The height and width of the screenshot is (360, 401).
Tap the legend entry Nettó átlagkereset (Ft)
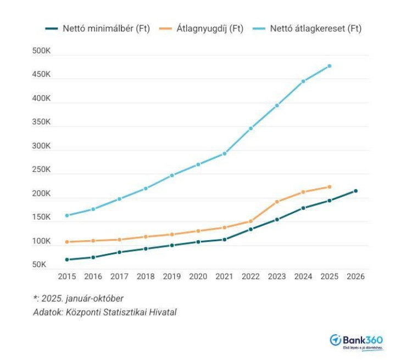tap(308, 29)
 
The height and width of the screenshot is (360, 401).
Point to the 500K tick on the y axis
tap(41, 52)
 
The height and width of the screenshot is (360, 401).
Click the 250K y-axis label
tap(41, 170)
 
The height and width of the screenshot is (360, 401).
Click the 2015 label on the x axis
tap(67, 276)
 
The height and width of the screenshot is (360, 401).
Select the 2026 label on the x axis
tap(355, 276)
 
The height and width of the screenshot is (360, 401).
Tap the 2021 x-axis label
tap(224, 276)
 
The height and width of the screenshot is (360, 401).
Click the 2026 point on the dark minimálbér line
tap(355, 191)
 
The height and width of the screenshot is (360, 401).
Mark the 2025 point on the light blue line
tap(329, 66)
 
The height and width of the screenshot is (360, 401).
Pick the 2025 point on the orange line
tap(329, 187)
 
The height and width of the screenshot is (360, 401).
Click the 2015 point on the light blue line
tap(67, 215)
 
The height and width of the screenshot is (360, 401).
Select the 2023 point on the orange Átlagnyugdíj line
tap(277, 202)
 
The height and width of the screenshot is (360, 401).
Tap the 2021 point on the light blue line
tap(224, 153)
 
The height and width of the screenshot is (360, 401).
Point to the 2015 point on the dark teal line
tap(67, 259)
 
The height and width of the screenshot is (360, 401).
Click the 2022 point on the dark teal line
tap(250, 229)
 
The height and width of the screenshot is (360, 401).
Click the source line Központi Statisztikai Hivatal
tap(105, 312)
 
